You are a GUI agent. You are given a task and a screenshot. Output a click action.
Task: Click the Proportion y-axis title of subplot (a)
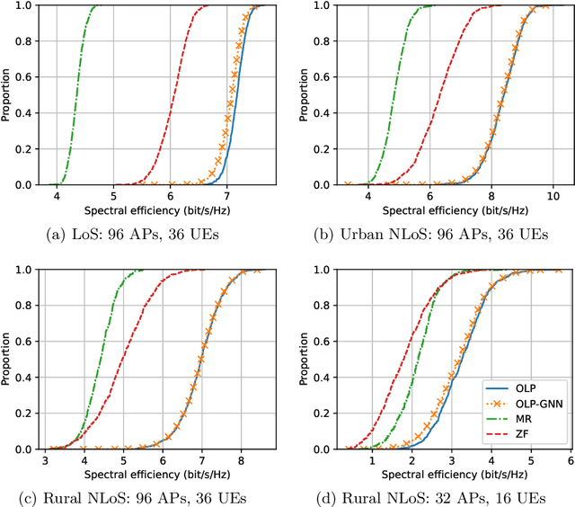[x=8, y=94]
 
